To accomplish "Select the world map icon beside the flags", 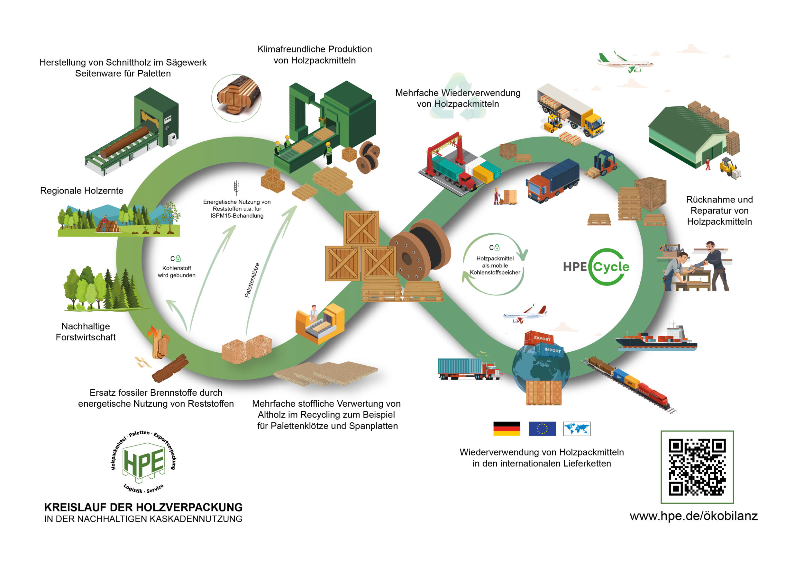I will (576, 428).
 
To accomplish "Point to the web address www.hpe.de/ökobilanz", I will (693, 516).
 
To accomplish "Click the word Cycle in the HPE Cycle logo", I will (611, 267).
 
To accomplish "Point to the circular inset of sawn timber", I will (237, 98).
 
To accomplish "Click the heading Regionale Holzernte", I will (82, 191).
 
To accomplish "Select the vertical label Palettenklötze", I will (252, 280).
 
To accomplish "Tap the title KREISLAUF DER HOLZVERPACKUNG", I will (143, 507).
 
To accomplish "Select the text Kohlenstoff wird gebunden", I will (177, 272).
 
